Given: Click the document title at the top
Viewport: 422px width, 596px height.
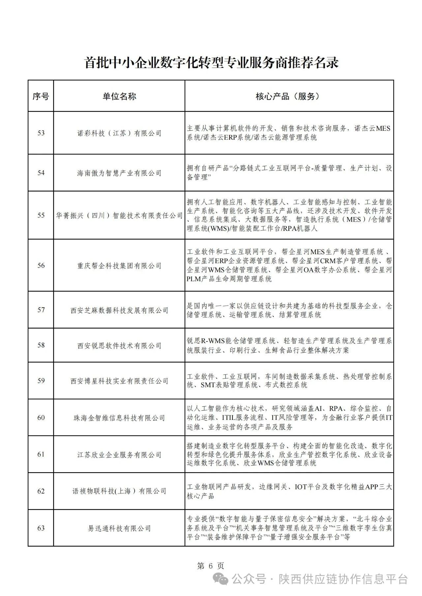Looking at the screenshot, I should tap(211, 62).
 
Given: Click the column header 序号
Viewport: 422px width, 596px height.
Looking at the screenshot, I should tap(41, 96).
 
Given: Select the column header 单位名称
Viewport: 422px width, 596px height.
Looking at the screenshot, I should tap(119, 96).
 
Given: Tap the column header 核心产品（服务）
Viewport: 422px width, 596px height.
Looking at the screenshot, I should tap(289, 96).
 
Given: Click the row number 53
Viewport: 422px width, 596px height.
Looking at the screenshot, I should tap(41, 133).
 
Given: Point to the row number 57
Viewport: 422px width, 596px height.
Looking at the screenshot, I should tap(41, 310).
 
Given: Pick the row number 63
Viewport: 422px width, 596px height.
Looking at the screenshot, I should tap(41, 528).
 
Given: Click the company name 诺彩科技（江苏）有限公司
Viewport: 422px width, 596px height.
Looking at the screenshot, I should tap(119, 133).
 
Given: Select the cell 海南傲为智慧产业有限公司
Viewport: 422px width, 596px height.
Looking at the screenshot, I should tap(119, 173).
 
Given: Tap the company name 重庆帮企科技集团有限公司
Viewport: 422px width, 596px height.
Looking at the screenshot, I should tap(119, 266).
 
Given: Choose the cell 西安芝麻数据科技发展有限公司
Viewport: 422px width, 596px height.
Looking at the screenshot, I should tap(119, 310).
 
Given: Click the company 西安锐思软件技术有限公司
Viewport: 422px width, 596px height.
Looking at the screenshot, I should tap(119, 345).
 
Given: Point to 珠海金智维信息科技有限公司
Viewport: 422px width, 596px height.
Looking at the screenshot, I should tap(119, 418).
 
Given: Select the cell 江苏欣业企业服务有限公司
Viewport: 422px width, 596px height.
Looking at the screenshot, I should tap(119, 455).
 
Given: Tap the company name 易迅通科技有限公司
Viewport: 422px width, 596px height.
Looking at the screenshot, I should tap(119, 528).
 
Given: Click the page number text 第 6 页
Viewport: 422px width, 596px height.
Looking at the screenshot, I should tap(210, 566).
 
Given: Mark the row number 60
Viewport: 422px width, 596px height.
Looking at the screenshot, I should tap(41, 418).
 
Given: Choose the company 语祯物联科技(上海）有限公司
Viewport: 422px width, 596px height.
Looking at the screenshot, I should tap(119, 491).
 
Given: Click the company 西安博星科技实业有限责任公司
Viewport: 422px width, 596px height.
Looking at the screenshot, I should tap(119, 381).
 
